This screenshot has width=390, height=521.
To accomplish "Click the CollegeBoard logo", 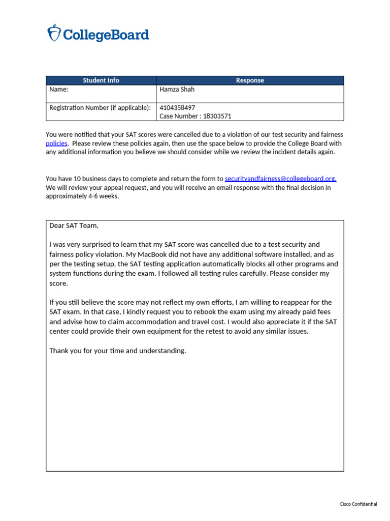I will [x=98, y=34].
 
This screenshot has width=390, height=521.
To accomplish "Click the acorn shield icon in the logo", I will [x=54, y=33].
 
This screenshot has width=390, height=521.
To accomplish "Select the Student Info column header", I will [x=101, y=80].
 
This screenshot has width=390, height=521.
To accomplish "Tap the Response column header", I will [x=250, y=80].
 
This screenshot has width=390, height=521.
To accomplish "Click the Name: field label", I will [x=58, y=90].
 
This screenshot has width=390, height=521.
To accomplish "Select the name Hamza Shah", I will [x=177, y=90].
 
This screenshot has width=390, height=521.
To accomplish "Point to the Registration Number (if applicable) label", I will [x=100, y=108].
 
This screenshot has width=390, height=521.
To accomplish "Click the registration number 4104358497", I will [x=177, y=108].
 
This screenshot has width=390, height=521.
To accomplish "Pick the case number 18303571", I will [x=217, y=116].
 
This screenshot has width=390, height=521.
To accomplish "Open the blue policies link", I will [x=56, y=143].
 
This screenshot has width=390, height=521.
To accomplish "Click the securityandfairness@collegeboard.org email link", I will [x=280, y=179].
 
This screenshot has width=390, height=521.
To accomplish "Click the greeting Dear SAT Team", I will [x=73, y=225].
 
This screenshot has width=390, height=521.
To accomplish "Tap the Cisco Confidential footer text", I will [x=359, y=504].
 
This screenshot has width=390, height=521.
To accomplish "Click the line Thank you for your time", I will [x=117, y=351].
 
